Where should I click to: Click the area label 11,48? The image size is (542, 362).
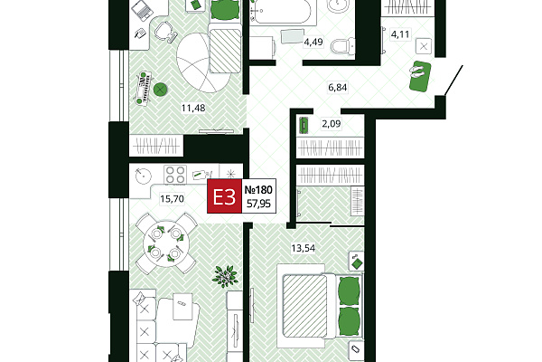pyautogui.click(x=193, y=109)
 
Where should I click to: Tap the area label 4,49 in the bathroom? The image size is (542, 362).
pyautogui.click(x=313, y=43)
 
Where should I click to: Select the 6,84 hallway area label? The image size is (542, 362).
pyautogui.click(x=337, y=87)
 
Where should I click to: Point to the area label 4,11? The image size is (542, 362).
pyautogui.click(x=400, y=34)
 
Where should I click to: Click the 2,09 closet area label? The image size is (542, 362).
pyautogui.click(x=332, y=124)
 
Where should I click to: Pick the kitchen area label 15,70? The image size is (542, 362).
pyautogui.click(x=173, y=199)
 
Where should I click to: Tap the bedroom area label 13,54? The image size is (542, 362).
pyautogui.click(x=304, y=248)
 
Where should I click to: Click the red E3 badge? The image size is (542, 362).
pyautogui.click(x=224, y=196)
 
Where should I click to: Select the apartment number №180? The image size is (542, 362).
pyautogui.click(x=258, y=190)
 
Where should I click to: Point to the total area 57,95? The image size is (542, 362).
pyautogui.click(x=258, y=204)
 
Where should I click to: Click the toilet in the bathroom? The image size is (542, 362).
pyautogui.click(x=342, y=46)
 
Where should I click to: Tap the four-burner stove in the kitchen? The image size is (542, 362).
pyautogui.click(x=175, y=175)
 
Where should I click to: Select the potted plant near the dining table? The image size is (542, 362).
pyautogui.click(x=225, y=276)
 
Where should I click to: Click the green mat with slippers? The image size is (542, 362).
pyautogui.click(x=420, y=76)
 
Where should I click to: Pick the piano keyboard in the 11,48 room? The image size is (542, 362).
pyautogui.click(x=145, y=89)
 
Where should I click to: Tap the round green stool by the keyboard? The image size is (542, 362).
pyautogui.click(x=161, y=90)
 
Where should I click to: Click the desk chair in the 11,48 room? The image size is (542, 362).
pyautogui.click(x=165, y=32)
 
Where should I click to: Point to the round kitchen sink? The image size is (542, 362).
pyautogui.click(x=143, y=176)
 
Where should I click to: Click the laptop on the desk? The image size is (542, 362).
pyautogui.click(x=143, y=10)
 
